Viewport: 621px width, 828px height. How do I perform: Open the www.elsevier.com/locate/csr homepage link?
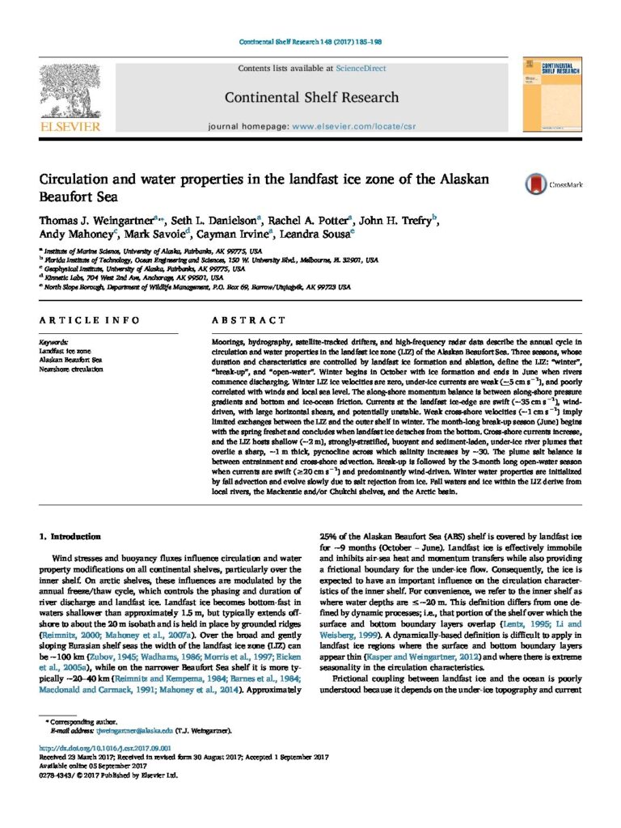(x=340, y=127)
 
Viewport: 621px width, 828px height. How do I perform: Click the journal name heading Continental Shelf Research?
(x=311, y=98)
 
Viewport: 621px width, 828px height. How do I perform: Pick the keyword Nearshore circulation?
(x=71, y=369)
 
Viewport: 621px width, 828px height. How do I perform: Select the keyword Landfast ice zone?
(x=62, y=352)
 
